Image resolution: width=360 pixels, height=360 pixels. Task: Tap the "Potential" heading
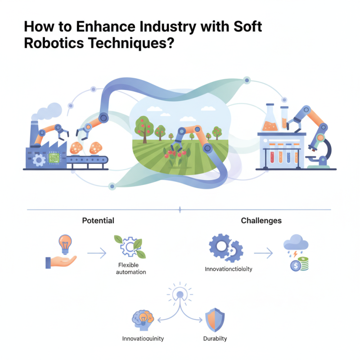coord(98,220)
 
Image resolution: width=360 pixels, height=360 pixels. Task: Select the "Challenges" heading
coord(261,220)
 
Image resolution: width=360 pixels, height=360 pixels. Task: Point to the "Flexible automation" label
coord(131,268)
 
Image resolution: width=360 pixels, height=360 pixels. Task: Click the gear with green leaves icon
coord(130,246)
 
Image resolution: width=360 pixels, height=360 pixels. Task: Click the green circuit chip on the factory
coord(54,158)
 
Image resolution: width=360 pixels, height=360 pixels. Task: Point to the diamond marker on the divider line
coord(180,210)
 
